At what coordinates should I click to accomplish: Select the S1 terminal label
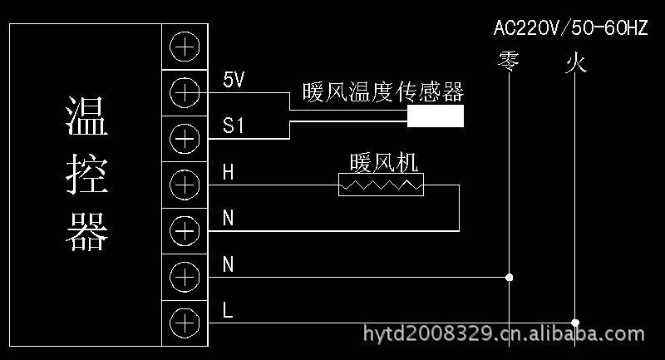(234, 126)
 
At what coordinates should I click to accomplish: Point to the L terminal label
(228, 311)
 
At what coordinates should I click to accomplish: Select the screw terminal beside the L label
(185, 320)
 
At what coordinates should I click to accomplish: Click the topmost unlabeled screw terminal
(185, 47)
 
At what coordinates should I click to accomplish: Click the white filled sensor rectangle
(435, 116)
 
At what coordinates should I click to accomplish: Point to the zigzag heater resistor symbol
(381, 185)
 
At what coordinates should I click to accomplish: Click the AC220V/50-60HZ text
(570, 28)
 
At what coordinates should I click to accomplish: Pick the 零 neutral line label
(508, 62)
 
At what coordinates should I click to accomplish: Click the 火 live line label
(575, 62)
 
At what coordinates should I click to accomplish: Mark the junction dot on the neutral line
(509, 276)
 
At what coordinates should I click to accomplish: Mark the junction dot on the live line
(575, 322)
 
